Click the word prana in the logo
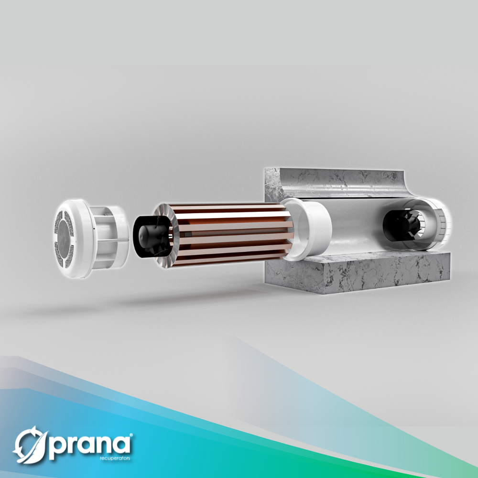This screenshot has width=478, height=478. [x=90, y=445]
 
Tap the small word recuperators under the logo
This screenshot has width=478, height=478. [x=115, y=458]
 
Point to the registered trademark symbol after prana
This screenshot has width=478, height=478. [x=131, y=435]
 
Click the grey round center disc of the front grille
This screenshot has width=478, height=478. [x=64, y=239]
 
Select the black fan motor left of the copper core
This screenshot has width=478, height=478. [x=151, y=236]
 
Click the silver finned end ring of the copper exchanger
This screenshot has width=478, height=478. [x=166, y=236]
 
